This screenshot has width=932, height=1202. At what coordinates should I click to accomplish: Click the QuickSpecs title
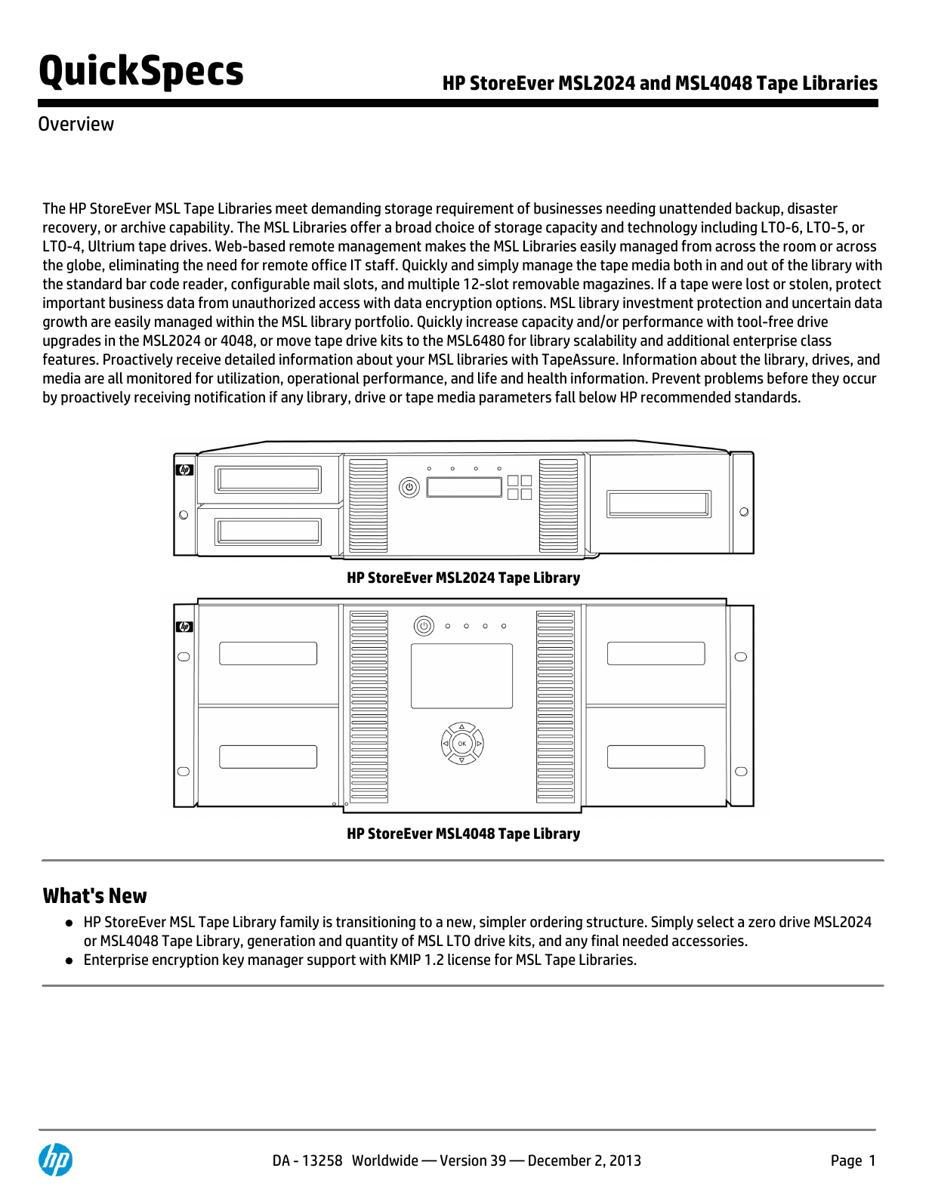click(141, 72)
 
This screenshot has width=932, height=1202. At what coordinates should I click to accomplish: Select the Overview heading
click(76, 125)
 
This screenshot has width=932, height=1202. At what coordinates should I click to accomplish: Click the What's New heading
click(94, 896)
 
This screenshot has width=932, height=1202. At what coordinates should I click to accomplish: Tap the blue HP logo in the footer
click(55, 1160)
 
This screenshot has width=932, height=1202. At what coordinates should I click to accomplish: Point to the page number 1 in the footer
click(872, 1161)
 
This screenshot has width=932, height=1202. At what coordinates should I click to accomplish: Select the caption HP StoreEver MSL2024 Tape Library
click(463, 578)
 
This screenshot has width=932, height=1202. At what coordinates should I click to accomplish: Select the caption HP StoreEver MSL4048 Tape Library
click(463, 834)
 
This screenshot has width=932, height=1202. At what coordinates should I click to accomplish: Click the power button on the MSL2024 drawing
click(409, 487)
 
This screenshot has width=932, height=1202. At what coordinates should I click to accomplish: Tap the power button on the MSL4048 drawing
click(424, 626)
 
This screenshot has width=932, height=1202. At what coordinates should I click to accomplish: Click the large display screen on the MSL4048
click(461, 676)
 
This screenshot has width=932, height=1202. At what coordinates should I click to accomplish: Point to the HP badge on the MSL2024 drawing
click(185, 470)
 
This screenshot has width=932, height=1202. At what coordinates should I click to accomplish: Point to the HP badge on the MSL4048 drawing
click(184, 627)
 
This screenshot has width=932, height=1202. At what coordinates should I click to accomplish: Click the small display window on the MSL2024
click(464, 487)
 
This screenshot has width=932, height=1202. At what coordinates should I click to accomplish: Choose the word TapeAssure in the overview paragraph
click(579, 360)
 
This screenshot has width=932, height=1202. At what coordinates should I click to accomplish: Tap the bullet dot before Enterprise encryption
click(69, 961)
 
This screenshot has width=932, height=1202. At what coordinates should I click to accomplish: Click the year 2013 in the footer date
click(625, 1161)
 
